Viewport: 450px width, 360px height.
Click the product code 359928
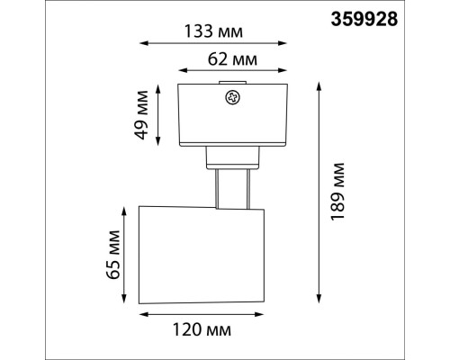coord(364,19)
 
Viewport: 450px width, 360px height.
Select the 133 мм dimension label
coord(213,31)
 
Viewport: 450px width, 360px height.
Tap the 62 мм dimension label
coord(232,59)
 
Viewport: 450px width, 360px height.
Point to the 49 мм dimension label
coord(141,115)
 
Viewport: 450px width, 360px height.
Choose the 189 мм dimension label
coord(337,192)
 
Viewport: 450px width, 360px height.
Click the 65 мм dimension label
coord(113,255)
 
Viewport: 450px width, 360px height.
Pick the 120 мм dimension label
coord(202,329)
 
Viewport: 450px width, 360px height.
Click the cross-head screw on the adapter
coord(232,97)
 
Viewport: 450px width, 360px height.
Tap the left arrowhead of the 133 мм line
coord(144,43)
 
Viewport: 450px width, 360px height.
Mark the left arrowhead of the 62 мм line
coord(183,70)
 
